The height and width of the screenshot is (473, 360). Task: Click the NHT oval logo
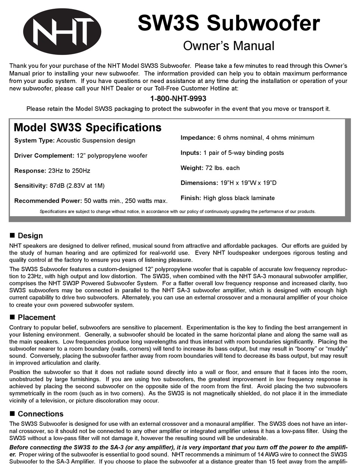pos(63,32)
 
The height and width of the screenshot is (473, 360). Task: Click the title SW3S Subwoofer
pos(229,23)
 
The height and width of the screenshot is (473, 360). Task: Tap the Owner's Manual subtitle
pos(229,46)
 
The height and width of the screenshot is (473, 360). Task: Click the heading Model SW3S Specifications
pos(88,127)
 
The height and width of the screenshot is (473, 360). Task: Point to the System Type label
pos(34,140)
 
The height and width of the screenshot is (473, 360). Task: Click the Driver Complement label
pos(44,156)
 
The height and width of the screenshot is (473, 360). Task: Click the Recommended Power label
pos(48,201)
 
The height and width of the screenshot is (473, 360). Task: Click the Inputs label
pos(191,153)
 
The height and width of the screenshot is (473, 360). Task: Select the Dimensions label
pos(199,183)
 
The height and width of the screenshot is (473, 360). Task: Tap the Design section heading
pos(30,236)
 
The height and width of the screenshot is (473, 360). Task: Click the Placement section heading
pos(36,317)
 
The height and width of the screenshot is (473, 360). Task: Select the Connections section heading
pos(41,414)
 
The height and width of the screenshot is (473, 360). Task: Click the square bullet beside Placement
pos(12,317)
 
